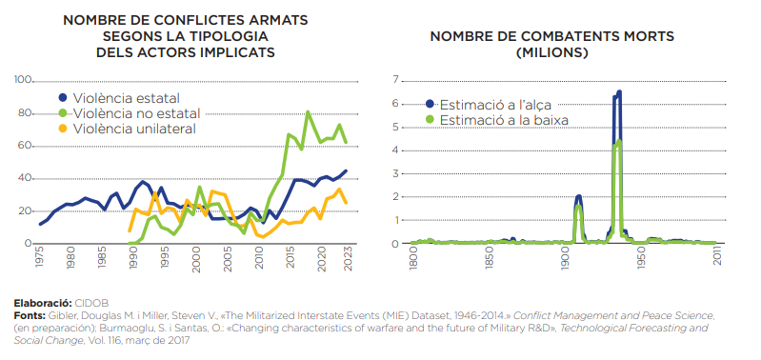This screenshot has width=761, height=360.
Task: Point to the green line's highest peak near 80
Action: pos(308,112)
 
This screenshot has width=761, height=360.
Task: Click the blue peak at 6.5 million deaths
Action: pos(619,91)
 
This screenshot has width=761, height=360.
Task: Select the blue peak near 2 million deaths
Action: pos(578,196)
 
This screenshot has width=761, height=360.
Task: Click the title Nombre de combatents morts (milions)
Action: pos(552,44)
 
